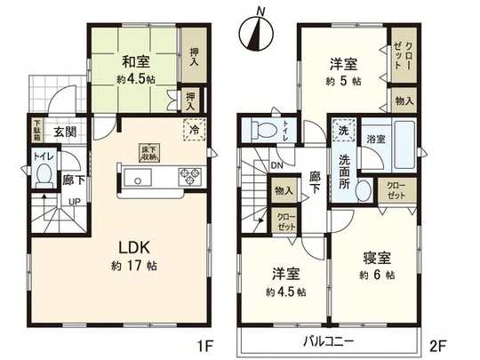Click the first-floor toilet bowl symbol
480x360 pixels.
[x=42, y=177]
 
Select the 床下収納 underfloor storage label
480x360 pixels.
[x=146, y=153]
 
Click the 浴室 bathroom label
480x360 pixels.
[x=374, y=139]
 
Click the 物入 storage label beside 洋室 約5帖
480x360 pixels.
[x=403, y=101]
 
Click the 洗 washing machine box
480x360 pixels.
[x=343, y=132]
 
